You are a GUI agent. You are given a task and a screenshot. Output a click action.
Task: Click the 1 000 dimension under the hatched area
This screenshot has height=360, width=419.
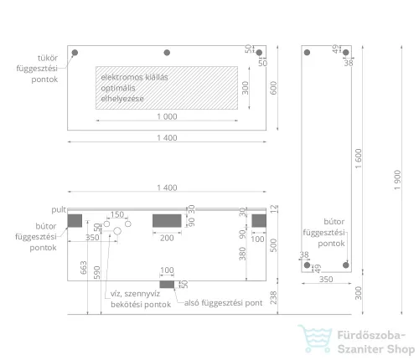[x=167, y=116]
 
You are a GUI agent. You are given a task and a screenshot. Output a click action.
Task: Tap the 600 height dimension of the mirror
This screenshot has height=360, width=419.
[x=273, y=88]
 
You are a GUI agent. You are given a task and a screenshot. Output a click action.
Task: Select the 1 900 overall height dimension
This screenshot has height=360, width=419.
[x=397, y=180]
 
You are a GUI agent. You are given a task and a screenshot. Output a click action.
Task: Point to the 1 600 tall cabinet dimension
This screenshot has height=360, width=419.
[x=359, y=159]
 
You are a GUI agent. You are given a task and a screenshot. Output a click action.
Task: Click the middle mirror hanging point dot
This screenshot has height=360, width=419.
[x=167, y=53]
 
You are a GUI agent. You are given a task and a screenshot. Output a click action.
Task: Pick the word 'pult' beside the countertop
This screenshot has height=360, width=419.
[x=59, y=209]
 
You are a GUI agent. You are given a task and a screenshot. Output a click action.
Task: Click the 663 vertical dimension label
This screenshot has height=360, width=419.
[x=84, y=268]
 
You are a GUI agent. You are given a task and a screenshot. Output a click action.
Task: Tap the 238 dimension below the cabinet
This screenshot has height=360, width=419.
[x=273, y=297]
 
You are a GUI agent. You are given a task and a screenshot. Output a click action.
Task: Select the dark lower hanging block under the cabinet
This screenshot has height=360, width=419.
[x=167, y=285]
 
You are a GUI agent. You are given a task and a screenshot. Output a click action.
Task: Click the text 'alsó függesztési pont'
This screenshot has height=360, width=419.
[x=223, y=303]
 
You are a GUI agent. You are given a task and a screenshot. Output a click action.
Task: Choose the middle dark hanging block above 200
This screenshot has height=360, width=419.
[x=167, y=221]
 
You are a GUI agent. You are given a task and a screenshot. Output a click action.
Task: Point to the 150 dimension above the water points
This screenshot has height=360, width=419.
[x=117, y=214]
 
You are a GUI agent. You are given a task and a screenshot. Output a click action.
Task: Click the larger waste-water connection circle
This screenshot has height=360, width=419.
[x=117, y=231]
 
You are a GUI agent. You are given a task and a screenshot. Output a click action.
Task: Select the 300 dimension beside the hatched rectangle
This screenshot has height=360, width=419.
[x=246, y=88]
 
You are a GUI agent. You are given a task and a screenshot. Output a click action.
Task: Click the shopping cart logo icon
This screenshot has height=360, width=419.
[x=315, y=338]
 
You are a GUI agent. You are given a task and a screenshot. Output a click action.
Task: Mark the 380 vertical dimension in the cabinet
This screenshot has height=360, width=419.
[x=242, y=254]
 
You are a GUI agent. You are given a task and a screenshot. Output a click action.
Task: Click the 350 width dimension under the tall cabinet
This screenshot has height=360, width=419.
[x=326, y=280]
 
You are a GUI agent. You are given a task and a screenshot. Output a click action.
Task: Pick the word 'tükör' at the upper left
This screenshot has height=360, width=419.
[x=48, y=58]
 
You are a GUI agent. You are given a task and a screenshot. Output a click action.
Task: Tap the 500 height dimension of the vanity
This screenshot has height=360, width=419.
[x=273, y=245]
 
